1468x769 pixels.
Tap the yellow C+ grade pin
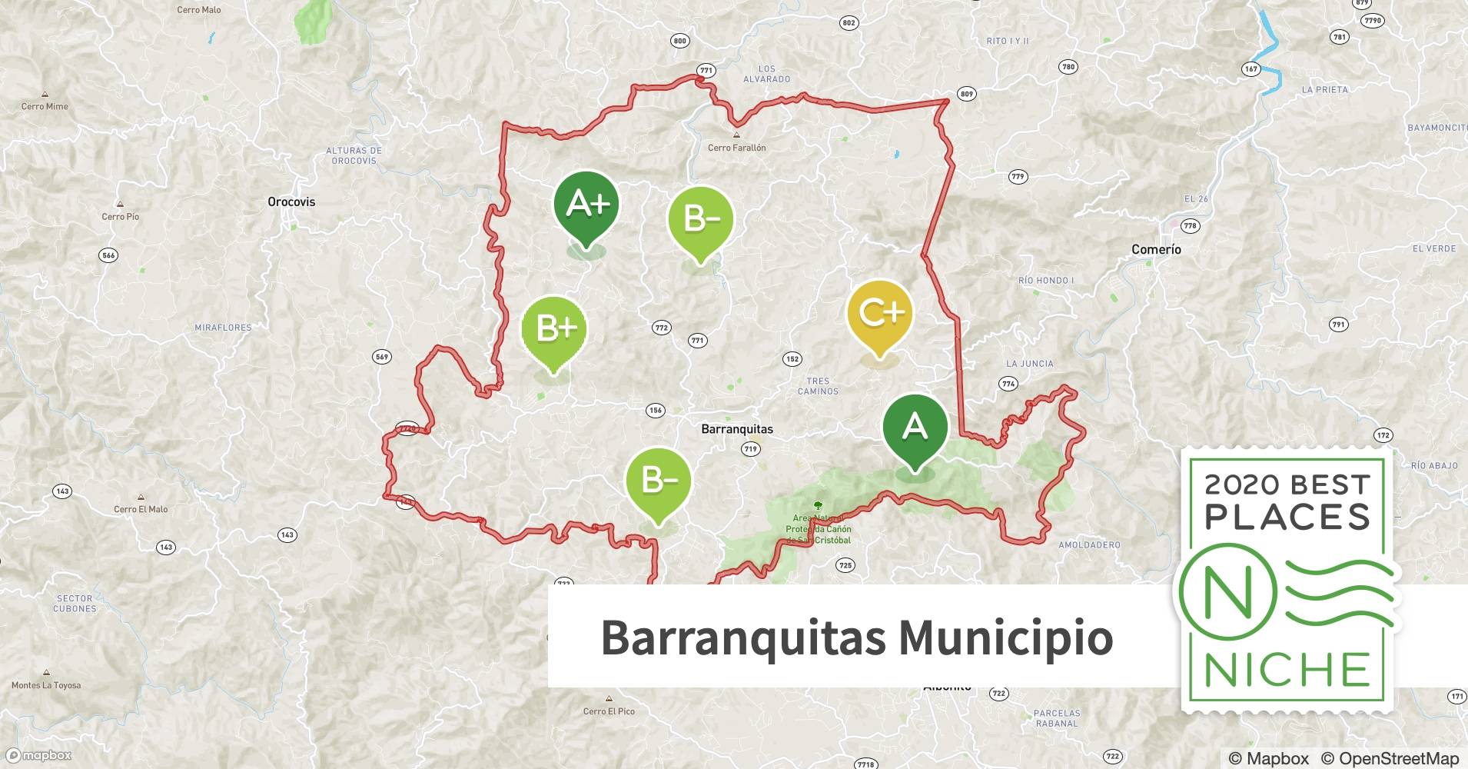coord(879,314)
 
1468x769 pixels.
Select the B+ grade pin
coord(553,329)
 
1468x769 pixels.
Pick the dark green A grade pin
coord(915,427)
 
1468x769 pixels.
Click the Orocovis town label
coord(291,202)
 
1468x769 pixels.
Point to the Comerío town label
coord(1156,249)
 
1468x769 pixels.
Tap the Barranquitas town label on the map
coord(737,429)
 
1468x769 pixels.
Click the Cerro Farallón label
coord(736,148)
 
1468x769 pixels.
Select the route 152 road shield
coord(792,359)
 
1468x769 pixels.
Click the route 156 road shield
coord(656,410)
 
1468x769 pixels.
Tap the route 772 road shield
coord(661,328)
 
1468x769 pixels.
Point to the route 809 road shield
coord(966,94)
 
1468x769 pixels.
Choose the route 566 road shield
coord(108,255)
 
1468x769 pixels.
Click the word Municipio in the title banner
coord(1005,637)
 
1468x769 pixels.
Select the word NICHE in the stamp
coord(1287,670)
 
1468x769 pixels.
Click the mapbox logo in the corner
coord(40,755)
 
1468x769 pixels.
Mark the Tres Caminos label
coord(818,386)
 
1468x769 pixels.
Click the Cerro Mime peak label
coord(45,106)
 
